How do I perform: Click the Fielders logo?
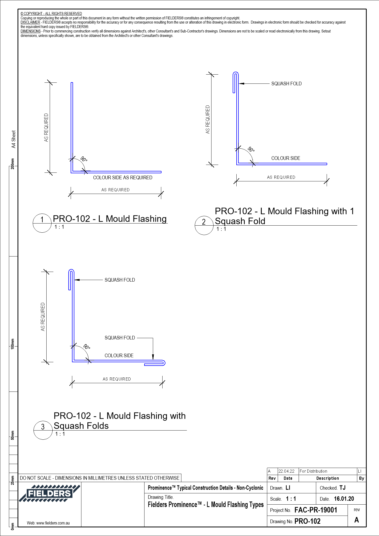tap(49, 493)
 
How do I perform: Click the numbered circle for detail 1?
tap(42, 223)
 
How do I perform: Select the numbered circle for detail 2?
tap(204, 226)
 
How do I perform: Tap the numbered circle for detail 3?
tap(43, 430)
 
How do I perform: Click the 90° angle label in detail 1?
tap(84, 159)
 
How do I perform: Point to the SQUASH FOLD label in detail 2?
tap(286, 84)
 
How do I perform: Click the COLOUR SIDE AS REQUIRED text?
tap(122, 178)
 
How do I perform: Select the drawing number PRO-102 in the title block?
tap(307, 521)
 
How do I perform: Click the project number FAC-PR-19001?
tap(316, 510)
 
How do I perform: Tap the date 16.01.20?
tap(344, 499)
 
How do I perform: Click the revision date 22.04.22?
tap(286, 471)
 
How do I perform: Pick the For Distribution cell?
tap(313, 471)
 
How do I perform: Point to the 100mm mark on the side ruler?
tap(13, 344)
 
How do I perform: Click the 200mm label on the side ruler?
tap(13, 164)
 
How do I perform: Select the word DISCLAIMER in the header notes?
tap(30, 23)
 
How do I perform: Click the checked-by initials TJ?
tap(342, 488)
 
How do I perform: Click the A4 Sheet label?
tap(14, 139)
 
